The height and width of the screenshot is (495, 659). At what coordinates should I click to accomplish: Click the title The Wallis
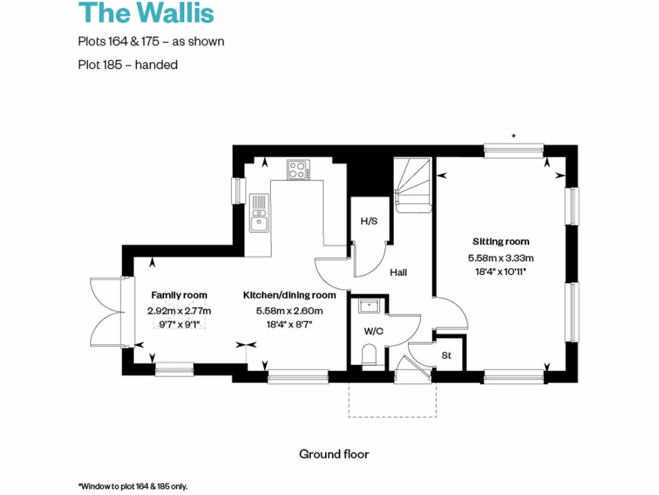click(146, 14)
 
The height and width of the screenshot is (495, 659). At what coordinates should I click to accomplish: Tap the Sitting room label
click(501, 242)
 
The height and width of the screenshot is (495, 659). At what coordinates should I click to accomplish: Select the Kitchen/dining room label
click(289, 295)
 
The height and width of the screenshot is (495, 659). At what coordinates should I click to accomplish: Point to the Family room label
click(179, 295)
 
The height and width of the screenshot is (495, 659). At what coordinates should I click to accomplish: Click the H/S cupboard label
click(369, 221)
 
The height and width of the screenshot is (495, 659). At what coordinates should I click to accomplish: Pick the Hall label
click(398, 273)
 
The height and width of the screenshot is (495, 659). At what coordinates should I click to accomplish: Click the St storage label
click(447, 355)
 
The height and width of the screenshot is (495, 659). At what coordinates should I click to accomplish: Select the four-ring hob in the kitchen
click(297, 170)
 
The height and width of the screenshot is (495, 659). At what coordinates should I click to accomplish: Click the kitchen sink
click(259, 213)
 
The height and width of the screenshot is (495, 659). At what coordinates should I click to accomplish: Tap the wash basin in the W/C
click(369, 305)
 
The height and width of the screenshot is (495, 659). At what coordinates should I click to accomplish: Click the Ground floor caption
click(334, 454)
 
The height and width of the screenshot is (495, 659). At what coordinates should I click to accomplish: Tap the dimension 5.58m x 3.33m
click(501, 258)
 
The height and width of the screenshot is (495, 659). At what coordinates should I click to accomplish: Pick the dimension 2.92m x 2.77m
click(179, 311)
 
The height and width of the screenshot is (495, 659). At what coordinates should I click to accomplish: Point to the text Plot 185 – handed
click(127, 64)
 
